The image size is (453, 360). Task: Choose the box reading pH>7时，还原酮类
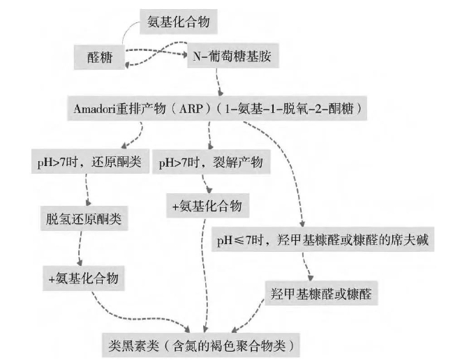89,163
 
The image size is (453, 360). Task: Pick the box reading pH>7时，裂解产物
210,163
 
